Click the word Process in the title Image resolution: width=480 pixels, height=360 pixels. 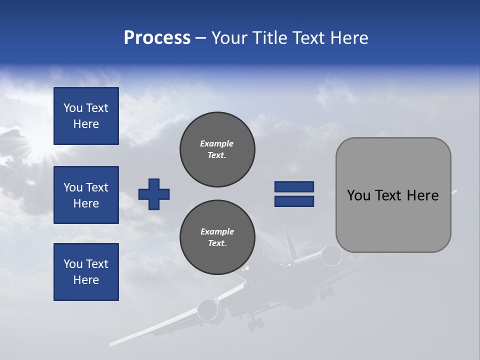[157, 38]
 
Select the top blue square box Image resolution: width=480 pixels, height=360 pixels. [86, 116]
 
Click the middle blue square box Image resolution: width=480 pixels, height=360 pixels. [86, 195]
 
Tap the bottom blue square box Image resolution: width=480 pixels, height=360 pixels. [86, 272]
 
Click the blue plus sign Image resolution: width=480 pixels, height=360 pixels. [154, 194]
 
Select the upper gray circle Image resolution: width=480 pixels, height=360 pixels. [217, 149]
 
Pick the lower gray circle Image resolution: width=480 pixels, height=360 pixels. [217, 237]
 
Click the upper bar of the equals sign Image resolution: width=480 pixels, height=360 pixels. [294, 186]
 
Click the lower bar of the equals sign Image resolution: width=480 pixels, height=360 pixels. [294, 201]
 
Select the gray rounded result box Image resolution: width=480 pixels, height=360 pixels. [393, 195]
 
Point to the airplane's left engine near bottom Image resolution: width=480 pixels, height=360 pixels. [207, 310]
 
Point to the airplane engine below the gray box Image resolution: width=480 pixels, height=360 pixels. [331, 255]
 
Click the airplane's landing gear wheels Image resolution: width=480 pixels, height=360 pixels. [255, 324]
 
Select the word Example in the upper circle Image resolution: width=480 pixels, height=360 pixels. [216, 143]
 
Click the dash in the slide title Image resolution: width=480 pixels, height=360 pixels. [200, 38]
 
